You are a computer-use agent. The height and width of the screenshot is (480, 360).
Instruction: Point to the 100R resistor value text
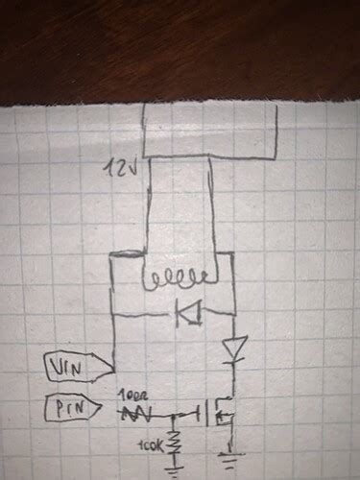pos(133,396)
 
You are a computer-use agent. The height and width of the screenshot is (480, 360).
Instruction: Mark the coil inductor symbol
pos(174,281)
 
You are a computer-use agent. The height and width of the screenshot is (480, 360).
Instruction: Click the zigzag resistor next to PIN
pos(137,414)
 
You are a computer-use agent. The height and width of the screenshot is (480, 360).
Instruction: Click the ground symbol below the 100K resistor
pos(174,470)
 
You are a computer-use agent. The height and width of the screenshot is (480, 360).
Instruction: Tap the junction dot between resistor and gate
pos(174,415)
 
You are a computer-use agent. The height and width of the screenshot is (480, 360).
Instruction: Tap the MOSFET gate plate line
pos(204,415)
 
